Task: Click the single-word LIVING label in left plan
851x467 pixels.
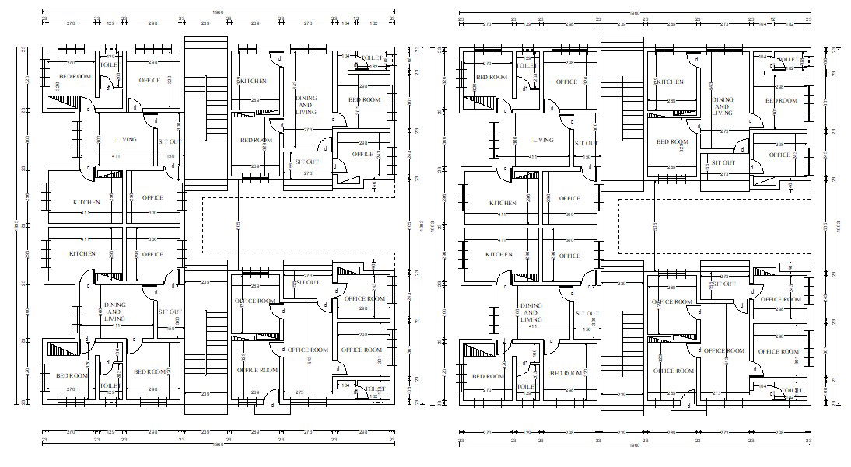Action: point(126,140)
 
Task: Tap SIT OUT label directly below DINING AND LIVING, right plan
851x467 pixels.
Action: point(723,162)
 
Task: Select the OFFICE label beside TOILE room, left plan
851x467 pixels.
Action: point(149,81)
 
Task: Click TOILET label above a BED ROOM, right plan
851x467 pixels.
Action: point(789,59)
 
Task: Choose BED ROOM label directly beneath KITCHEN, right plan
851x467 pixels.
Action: point(672,141)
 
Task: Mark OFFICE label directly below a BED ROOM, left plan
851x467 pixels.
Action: point(363,154)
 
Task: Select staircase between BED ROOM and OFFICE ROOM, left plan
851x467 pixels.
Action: point(207,342)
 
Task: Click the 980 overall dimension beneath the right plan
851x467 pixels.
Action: point(635,445)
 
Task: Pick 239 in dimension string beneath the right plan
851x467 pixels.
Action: point(622,434)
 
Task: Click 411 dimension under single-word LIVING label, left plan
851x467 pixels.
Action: point(117,156)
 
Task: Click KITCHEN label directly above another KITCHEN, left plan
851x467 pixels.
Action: point(87,203)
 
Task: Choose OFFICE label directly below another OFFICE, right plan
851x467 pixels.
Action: point(569,256)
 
